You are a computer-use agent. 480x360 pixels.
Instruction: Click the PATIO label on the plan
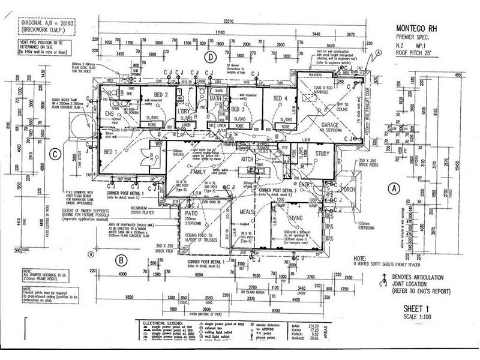pyautogui.click(x=191, y=212)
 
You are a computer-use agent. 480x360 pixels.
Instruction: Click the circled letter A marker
pyautogui.click(x=394, y=187)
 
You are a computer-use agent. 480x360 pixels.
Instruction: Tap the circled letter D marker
pyautogui.click(x=210, y=57)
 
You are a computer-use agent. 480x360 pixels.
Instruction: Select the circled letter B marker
pyautogui.click(x=121, y=260)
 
